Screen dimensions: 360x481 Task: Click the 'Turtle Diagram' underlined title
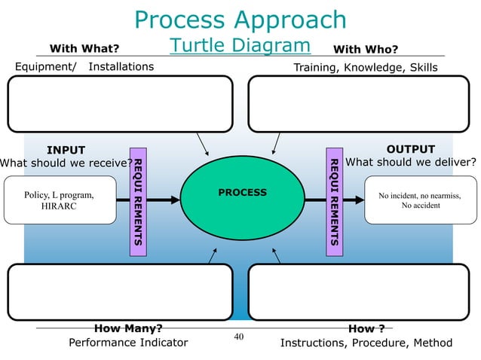coord(240,46)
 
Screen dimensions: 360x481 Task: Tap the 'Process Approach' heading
coord(240,20)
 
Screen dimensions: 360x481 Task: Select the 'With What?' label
coord(84,50)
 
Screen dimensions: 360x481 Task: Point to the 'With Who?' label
coord(366,50)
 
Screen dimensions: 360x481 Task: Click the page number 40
coord(240,336)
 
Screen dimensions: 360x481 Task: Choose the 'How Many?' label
coord(127,328)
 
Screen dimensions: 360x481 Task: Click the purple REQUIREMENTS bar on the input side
coord(139,202)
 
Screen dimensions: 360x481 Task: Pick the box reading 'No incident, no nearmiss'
coord(421,200)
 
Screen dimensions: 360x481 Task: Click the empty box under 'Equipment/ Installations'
coord(120,105)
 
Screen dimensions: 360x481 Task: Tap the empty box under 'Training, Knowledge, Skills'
coord(359,105)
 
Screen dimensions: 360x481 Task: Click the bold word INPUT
coord(66,149)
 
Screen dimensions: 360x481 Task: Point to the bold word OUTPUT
coord(410,149)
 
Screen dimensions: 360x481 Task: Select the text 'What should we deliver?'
coord(410,162)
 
